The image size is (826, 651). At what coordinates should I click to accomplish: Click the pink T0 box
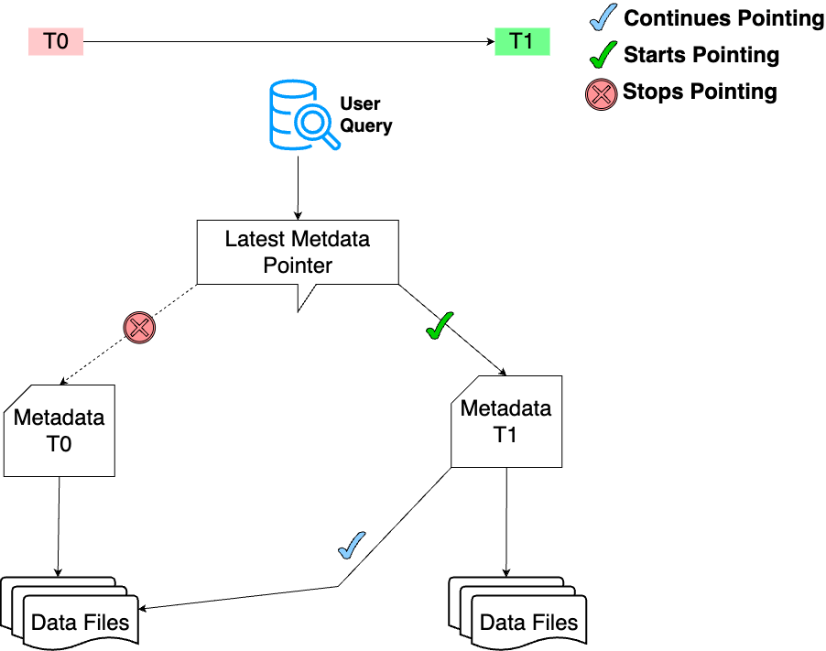(x=56, y=41)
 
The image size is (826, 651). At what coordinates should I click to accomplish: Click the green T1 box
(x=521, y=41)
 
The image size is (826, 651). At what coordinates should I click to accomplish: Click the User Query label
(x=364, y=114)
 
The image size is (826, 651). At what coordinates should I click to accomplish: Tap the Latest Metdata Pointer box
(x=298, y=253)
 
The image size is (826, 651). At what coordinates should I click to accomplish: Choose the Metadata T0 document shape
(x=60, y=430)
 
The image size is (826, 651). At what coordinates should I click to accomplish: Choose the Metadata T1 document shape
(x=505, y=421)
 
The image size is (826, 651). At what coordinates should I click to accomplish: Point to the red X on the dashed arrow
(x=139, y=327)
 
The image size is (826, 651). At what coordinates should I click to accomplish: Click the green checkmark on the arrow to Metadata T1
(x=440, y=326)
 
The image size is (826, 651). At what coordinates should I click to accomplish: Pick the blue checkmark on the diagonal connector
(x=352, y=545)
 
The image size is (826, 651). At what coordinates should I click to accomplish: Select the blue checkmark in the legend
(x=603, y=17)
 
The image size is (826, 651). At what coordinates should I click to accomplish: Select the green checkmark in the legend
(x=603, y=55)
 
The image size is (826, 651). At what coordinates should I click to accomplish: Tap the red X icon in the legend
(x=601, y=92)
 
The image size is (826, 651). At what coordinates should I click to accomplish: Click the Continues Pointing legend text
(x=723, y=17)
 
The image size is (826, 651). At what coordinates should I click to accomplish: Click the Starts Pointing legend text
(x=701, y=55)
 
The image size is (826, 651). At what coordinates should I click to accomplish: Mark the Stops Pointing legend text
(x=700, y=92)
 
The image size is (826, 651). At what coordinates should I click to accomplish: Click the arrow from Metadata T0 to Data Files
(x=59, y=526)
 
